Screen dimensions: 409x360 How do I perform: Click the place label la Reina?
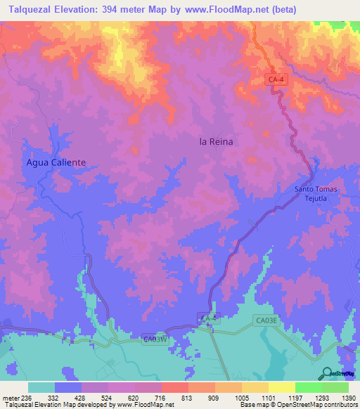pyautogui.click(x=216, y=141)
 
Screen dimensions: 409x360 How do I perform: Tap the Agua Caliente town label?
pyautogui.click(x=56, y=162)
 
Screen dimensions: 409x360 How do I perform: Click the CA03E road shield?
pyautogui.click(x=267, y=320)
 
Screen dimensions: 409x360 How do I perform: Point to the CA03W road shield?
pyautogui.click(x=155, y=339)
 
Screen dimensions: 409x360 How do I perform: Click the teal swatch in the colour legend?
pyautogui.click(x=41, y=387)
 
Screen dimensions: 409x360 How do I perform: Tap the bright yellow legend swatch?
pyautogui.click(x=281, y=387)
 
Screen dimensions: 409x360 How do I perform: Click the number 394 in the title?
pyautogui.click(x=114, y=9)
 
